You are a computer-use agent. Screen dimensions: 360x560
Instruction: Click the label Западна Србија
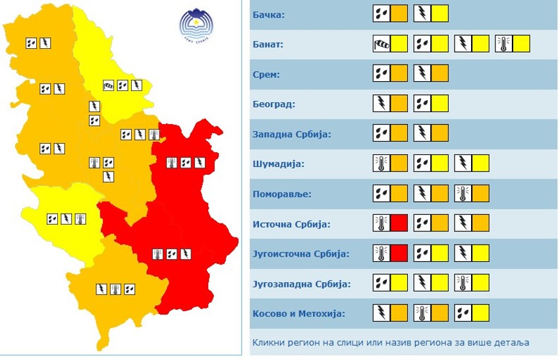pyautogui.click(x=291, y=135)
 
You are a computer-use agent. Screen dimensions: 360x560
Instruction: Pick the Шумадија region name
pyautogui.click(x=273, y=164)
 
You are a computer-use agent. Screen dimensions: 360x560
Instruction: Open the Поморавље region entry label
pyautogui.click(x=277, y=195)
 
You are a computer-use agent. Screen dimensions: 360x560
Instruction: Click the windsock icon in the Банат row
pyautogui.click(x=381, y=44)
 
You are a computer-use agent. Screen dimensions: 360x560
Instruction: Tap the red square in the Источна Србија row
pyautogui.click(x=399, y=224)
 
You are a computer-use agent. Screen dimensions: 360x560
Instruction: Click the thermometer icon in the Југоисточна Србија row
pyautogui.click(x=381, y=254)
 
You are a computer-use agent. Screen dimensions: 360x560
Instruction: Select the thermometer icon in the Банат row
pyautogui.click(x=504, y=44)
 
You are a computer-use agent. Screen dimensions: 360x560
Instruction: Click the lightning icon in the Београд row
pyautogui.click(x=381, y=104)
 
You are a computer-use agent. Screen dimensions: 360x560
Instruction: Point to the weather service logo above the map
pyautogui.click(x=197, y=25)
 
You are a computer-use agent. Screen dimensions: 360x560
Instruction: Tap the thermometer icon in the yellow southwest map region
pyautogui.click(x=80, y=218)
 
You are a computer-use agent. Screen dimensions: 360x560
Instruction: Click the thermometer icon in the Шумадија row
pyautogui.click(x=381, y=164)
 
